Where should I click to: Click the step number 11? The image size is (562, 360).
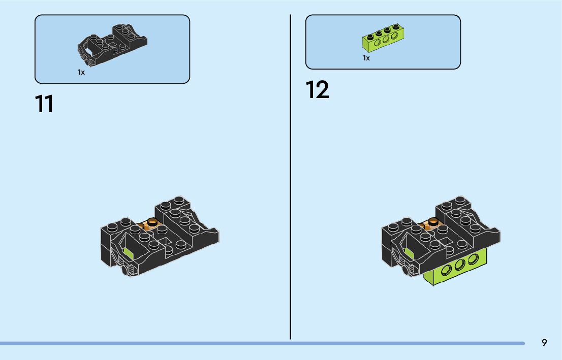coord(44,104)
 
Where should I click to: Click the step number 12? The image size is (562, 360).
coord(318,90)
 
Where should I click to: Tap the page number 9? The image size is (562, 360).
coord(544,343)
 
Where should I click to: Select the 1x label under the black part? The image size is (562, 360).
coord(81,72)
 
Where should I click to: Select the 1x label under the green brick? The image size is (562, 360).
coord(366,58)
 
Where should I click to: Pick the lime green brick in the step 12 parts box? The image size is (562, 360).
coord(383,39)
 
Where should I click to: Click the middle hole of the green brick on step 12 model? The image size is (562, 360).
coord(461,265)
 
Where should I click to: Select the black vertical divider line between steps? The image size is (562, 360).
coord(291,178)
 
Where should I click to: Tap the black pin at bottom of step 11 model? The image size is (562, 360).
coord(125,272)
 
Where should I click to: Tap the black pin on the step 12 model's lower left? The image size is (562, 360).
coord(405,271)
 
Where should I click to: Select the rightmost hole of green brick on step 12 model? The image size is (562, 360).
coord(473,259)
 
